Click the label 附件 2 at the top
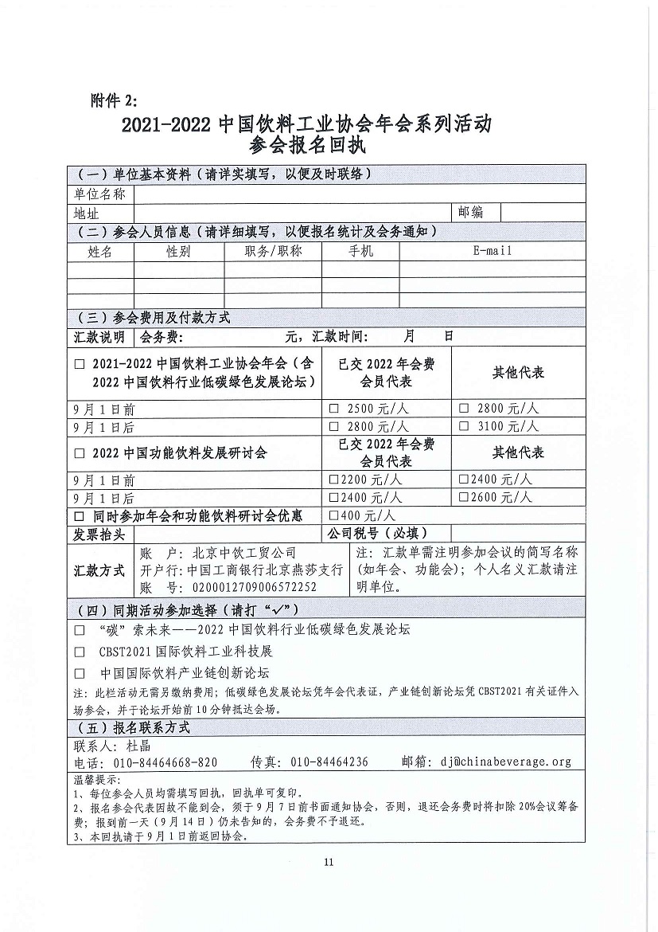tap(114, 100)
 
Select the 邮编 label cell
tap(470, 212)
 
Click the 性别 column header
tap(178, 252)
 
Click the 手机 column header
tap(360, 252)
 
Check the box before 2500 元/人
tap(335, 409)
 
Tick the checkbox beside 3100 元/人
tap(464, 426)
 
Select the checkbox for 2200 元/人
tap(334, 480)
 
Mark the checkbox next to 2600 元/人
tap(464, 498)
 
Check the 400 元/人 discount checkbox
tap(334, 515)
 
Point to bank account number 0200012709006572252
tap(251, 587)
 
